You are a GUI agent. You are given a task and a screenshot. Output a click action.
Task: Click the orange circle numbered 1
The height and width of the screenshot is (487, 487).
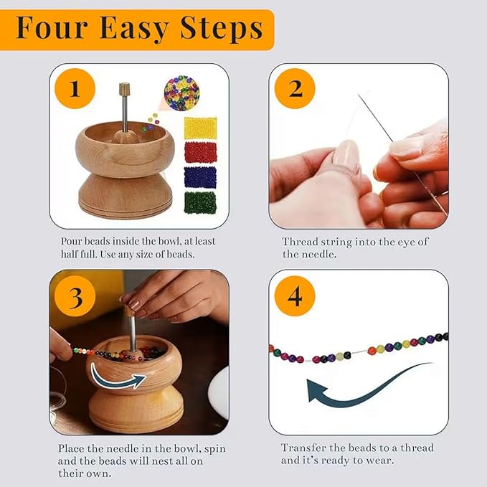coord(75,90)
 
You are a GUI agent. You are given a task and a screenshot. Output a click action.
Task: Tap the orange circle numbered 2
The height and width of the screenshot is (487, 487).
coord(295,89)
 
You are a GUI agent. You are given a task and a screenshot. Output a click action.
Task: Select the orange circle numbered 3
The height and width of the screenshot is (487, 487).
coord(75,295)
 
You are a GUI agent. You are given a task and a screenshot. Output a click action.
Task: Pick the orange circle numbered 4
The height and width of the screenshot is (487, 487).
coord(295,295)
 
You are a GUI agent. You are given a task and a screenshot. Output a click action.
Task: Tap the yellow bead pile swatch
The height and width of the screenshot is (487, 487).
coord(201,128)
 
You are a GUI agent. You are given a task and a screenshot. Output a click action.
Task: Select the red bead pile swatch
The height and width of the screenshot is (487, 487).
coord(201,152)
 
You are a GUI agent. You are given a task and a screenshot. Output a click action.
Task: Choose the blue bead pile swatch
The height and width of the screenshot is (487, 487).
coord(201,177)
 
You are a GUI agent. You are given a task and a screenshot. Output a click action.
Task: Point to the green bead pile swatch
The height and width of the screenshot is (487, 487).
coord(201,202)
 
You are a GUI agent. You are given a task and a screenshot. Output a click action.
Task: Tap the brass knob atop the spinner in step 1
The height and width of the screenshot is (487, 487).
coord(123,90)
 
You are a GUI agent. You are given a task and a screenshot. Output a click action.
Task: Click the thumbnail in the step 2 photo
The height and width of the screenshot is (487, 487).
coord(346,157)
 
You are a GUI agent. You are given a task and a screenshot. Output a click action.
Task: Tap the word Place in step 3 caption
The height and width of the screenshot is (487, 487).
coord(72,448)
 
